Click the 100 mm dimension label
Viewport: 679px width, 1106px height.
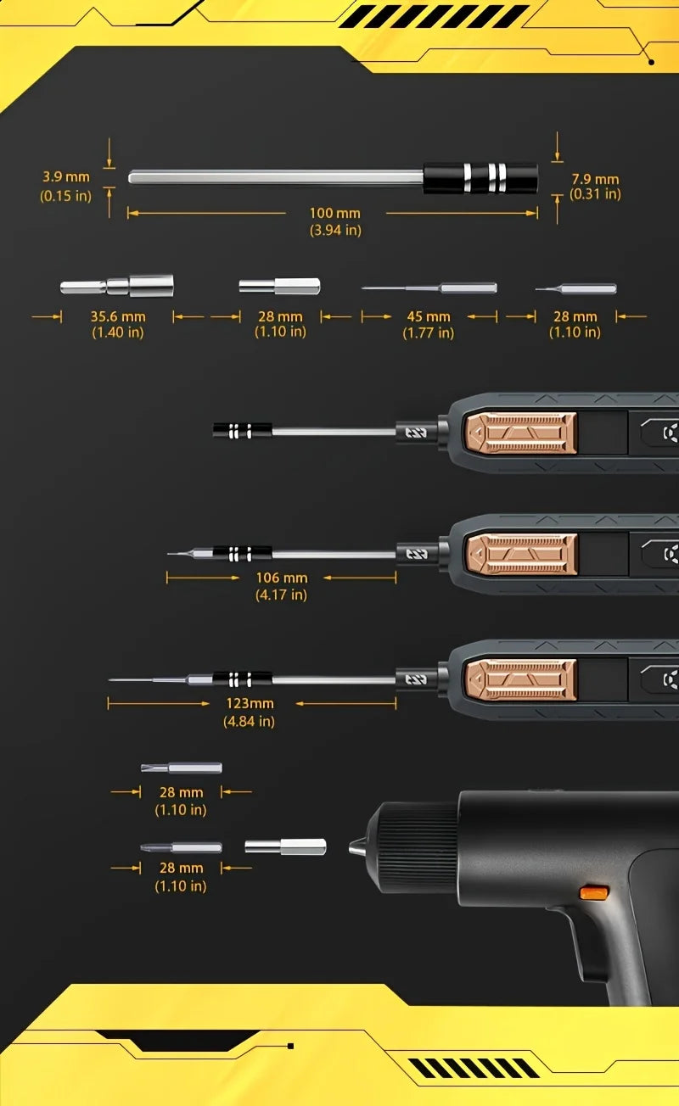(335, 214)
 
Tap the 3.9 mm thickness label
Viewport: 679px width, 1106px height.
(66, 177)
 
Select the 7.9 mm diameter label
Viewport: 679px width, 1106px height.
(595, 179)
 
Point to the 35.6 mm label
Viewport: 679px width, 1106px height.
(118, 316)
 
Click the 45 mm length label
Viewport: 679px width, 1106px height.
(428, 316)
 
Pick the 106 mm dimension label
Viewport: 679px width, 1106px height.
(281, 578)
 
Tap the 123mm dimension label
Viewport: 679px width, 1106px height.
(250, 703)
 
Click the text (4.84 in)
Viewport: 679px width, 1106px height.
(249, 721)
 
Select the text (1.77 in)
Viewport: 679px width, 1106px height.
(428, 332)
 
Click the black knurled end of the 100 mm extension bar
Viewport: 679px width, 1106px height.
(480, 177)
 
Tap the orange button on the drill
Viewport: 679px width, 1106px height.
(593, 892)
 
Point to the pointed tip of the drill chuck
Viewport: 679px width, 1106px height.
(355, 846)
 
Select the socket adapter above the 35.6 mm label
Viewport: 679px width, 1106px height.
(117, 285)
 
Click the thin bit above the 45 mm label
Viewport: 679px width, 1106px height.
(429, 288)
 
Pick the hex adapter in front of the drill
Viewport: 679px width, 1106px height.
(285, 846)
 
